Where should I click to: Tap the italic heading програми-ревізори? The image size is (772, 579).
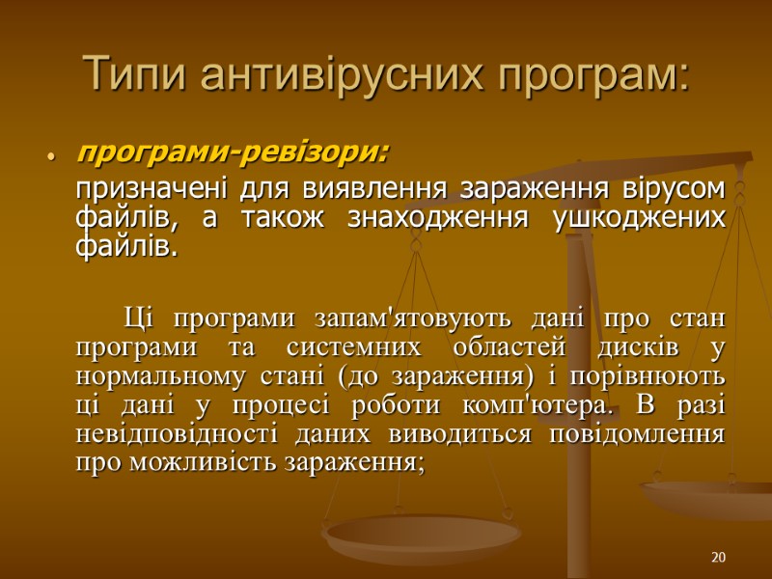coord(233,152)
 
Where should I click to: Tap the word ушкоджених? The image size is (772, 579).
coord(638,217)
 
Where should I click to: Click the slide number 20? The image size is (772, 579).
coord(717,558)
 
